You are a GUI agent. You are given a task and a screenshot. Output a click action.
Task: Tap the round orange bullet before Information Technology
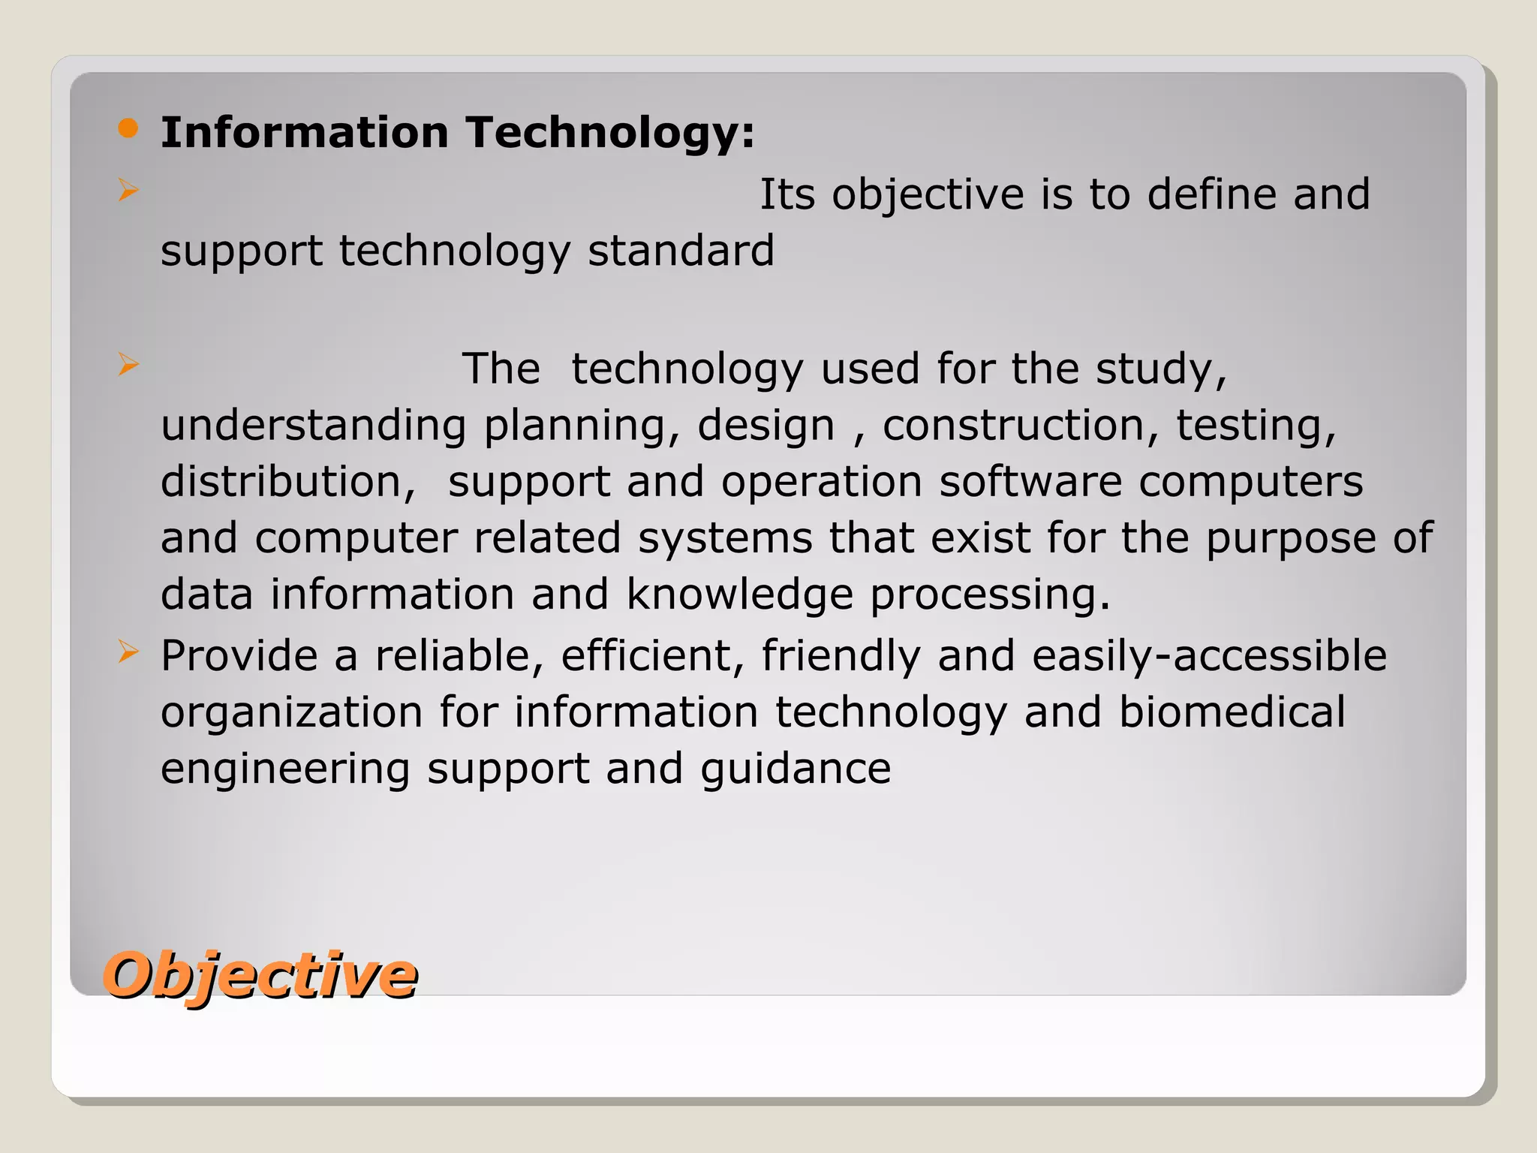pyautogui.click(x=128, y=128)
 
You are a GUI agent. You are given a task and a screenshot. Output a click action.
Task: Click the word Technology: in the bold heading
pyautogui.click(x=610, y=133)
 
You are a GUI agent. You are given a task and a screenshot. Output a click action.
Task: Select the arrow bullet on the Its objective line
pyautogui.click(x=128, y=191)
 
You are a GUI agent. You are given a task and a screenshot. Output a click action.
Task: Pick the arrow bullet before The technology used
pyautogui.click(x=128, y=365)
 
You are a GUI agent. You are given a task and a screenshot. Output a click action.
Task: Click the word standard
pyautogui.click(x=681, y=251)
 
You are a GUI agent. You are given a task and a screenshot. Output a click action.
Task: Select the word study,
pyautogui.click(x=1161, y=370)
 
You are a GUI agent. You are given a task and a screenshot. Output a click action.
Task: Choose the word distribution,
pyautogui.click(x=288, y=482)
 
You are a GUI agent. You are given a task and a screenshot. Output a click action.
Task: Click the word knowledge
pyautogui.click(x=739, y=595)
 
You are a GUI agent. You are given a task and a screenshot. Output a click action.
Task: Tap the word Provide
pyautogui.click(x=239, y=656)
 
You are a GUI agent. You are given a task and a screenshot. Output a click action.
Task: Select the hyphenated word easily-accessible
pyautogui.click(x=1209, y=656)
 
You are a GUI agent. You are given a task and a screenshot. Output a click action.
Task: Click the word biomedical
pyautogui.click(x=1232, y=712)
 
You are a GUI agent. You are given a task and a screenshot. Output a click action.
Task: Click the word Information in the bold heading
pyautogui.click(x=305, y=133)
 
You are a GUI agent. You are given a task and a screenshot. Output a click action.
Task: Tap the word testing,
pyautogui.click(x=1256, y=426)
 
